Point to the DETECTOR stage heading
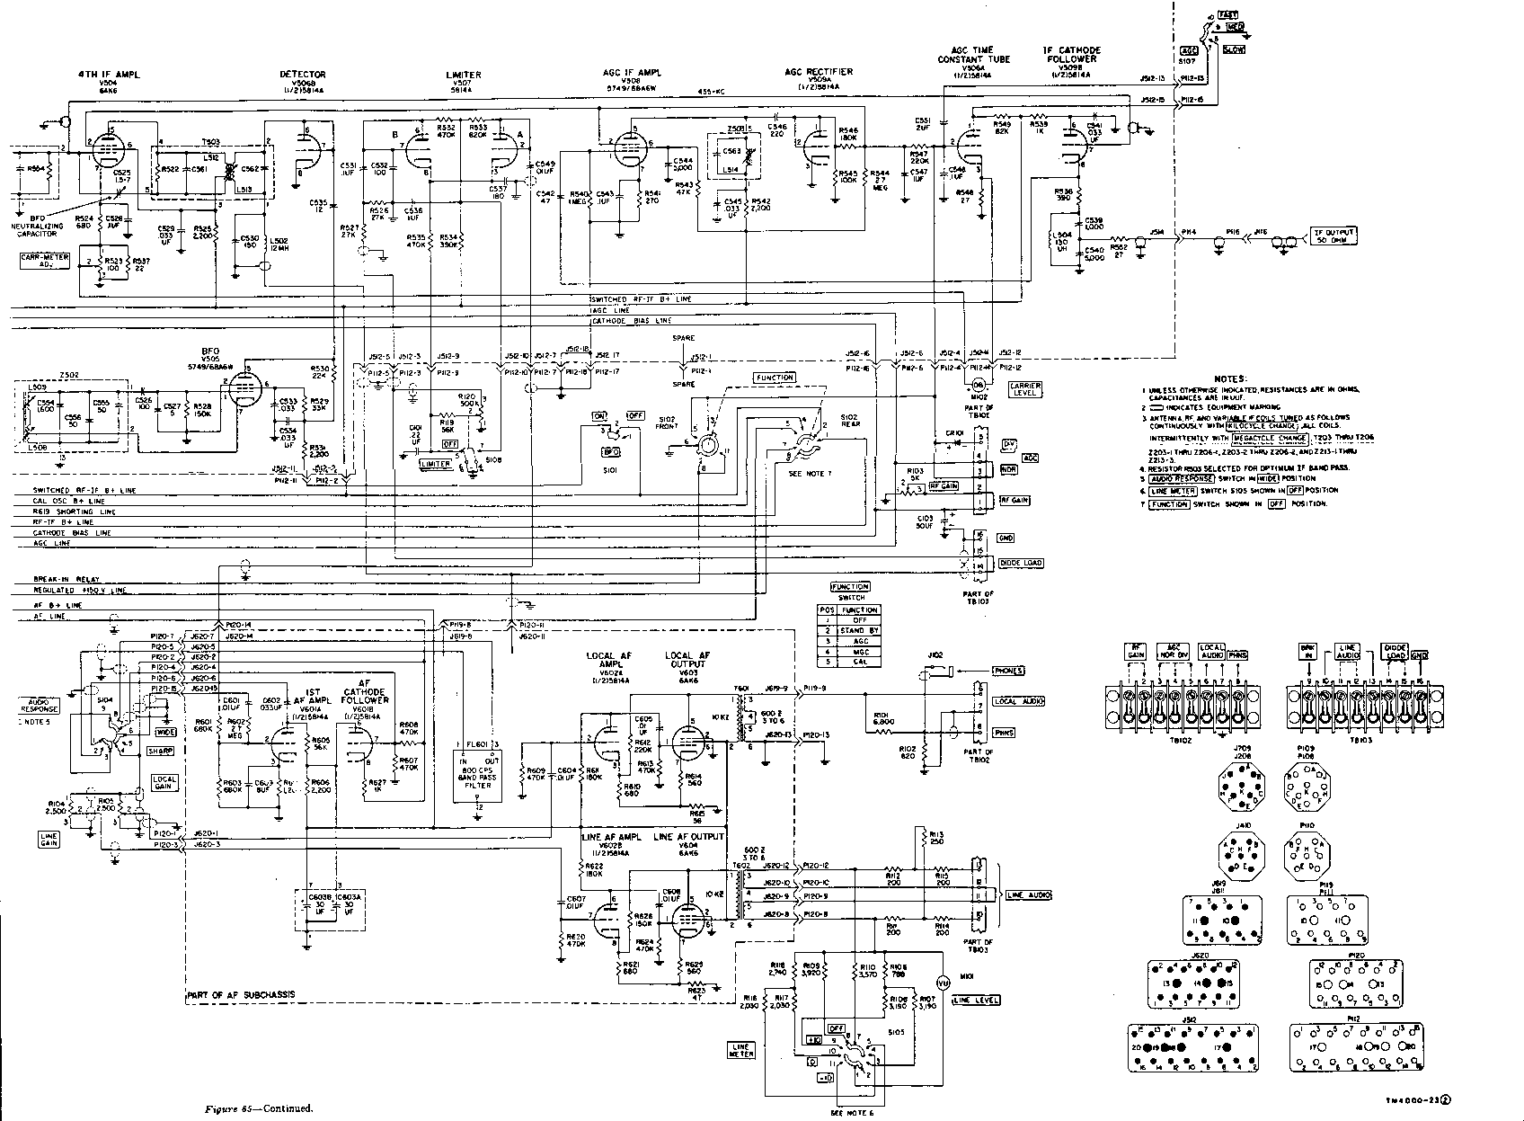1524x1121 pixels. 303,74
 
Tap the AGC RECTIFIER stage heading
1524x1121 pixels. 818,70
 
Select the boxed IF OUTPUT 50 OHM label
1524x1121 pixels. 1333,236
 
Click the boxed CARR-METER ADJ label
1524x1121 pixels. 43,261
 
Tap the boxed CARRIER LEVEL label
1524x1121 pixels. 1025,388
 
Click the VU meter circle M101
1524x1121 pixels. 943,981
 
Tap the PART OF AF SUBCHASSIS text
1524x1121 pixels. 241,996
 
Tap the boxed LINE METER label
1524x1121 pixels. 741,1051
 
